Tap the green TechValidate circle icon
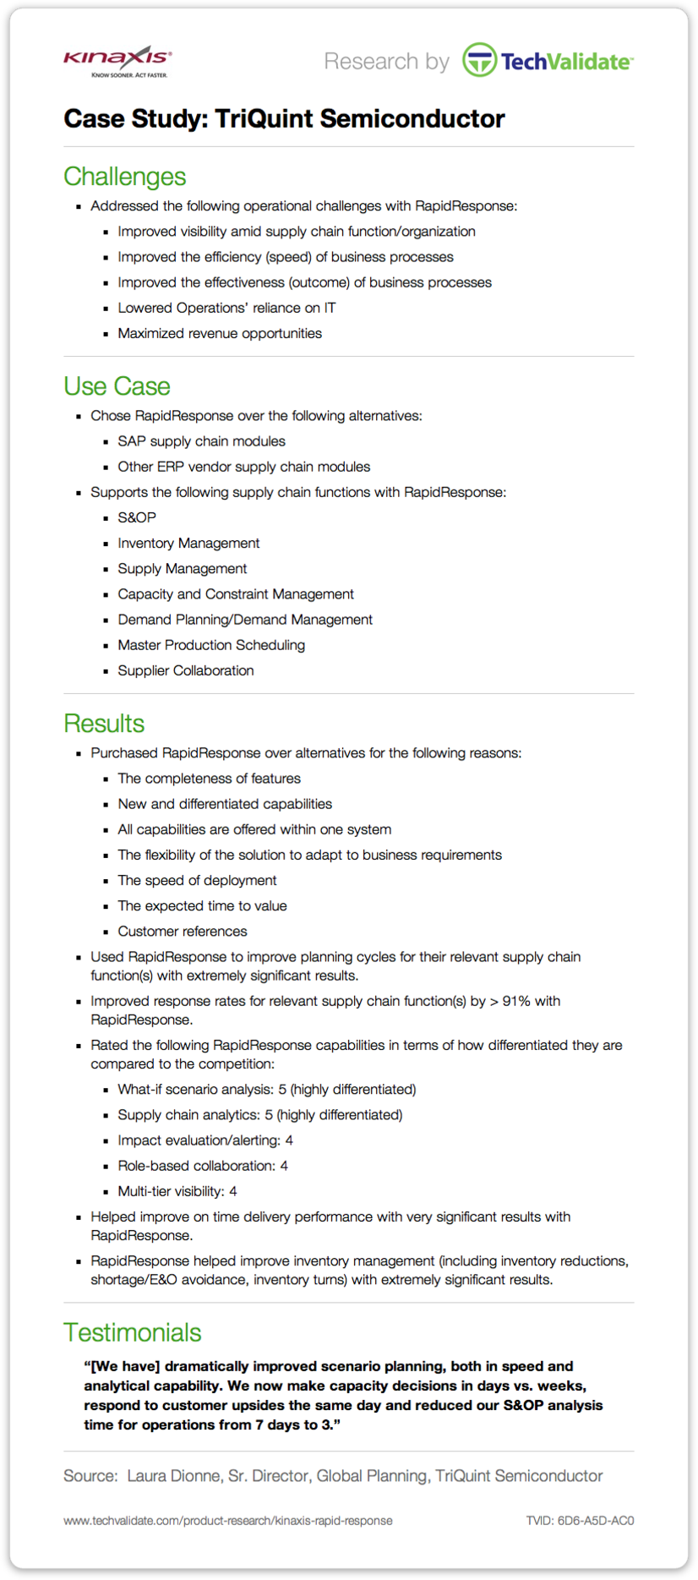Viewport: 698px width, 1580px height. (x=479, y=61)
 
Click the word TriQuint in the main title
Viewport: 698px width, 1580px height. (x=264, y=119)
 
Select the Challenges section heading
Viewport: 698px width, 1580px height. (x=124, y=177)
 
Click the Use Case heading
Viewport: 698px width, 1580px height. (x=117, y=386)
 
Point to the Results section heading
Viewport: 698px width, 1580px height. (x=104, y=724)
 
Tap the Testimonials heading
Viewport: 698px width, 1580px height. (x=132, y=1332)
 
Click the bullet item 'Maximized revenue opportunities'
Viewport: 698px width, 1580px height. (x=220, y=333)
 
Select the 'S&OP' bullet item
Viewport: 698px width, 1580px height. (x=137, y=517)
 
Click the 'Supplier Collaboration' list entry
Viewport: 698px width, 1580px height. (x=186, y=670)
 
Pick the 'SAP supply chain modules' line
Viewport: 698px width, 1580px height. (x=201, y=441)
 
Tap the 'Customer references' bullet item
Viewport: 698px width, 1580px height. (x=183, y=932)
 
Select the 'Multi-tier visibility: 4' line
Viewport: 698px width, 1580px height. (x=177, y=1191)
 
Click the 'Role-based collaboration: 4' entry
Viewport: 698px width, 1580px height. (x=203, y=1166)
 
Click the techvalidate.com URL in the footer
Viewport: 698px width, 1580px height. (x=228, y=1521)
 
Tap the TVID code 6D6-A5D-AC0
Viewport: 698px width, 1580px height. (x=580, y=1521)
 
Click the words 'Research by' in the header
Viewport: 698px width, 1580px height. (x=386, y=62)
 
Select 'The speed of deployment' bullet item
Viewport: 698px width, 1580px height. (x=197, y=881)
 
